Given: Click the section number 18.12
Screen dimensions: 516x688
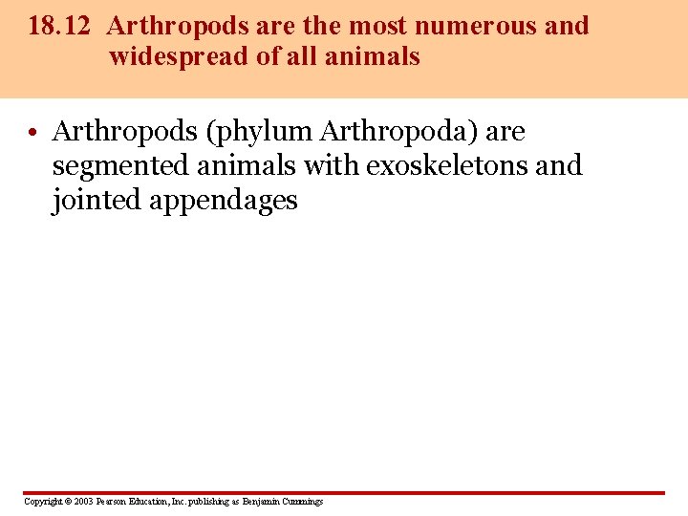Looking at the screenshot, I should point(58,26).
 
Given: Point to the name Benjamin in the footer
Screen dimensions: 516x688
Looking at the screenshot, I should point(262,502).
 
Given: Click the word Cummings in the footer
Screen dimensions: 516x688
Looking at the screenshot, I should point(303,502).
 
